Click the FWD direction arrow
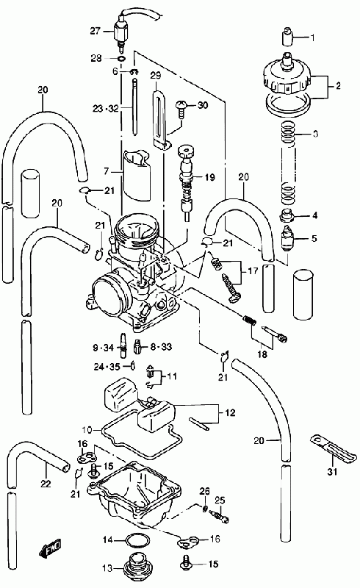coord(49,548)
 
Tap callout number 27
coord(96,31)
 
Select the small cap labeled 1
coord(287,35)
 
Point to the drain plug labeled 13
coord(137,566)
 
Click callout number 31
coord(332,471)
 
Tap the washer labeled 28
coord(121,59)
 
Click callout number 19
coord(209,176)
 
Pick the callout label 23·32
coord(106,109)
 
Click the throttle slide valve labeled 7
coord(137,174)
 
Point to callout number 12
coord(230,412)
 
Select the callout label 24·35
coord(107,366)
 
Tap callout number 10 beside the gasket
coord(87,429)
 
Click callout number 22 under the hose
coord(46,484)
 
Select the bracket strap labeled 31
coord(333,448)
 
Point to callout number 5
coord(314,238)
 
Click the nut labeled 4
coord(287,216)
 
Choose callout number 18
coord(262,354)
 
